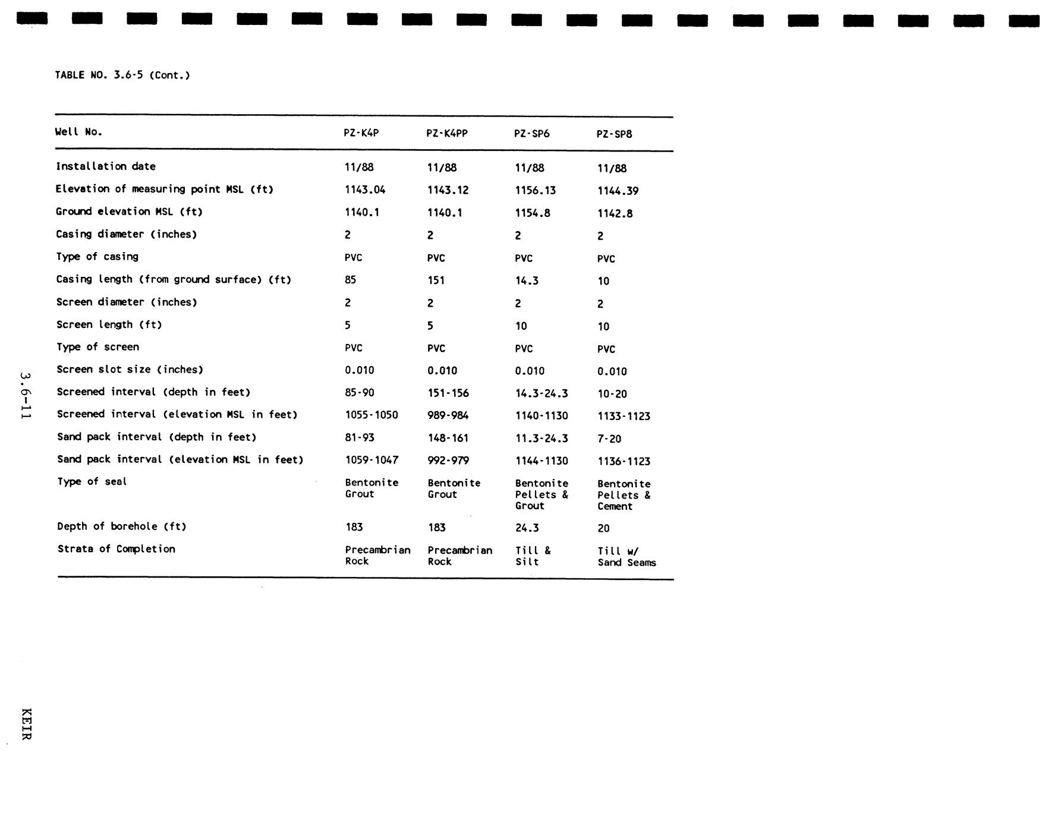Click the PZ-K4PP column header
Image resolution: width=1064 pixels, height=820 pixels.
447,134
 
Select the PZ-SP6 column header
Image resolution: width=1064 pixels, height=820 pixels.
531,134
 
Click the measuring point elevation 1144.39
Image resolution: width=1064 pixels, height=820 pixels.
618,191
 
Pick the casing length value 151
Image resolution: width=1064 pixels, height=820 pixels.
436,280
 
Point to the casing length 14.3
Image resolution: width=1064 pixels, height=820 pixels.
527,280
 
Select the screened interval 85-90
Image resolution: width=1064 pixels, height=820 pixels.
360,393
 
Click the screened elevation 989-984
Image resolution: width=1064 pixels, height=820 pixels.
448,415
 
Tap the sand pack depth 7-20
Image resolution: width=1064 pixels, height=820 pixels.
609,439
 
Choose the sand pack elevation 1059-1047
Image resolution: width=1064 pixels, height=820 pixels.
372,460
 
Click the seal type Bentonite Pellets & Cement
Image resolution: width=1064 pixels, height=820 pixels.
624,495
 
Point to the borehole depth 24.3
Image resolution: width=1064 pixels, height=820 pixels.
527,528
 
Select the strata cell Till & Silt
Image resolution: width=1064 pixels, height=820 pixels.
533,556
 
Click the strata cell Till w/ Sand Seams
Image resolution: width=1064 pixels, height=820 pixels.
627,557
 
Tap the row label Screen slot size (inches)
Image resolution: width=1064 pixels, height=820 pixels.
130,370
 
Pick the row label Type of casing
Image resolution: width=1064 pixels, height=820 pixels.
97,257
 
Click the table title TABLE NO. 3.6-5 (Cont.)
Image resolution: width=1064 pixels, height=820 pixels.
122,75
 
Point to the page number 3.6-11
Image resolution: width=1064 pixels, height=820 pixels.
24,396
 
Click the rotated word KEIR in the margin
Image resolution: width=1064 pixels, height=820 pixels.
26,724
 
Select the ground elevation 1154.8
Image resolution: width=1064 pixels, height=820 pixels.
532,213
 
